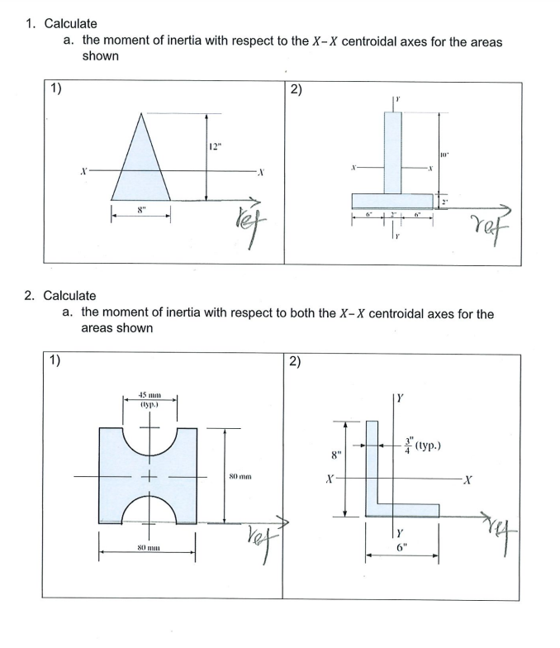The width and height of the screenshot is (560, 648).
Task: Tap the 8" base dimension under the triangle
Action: click(141, 211)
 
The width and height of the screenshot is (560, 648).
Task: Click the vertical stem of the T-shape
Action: click(393, 153)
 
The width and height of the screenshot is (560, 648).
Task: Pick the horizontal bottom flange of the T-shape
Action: click(393, 201)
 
